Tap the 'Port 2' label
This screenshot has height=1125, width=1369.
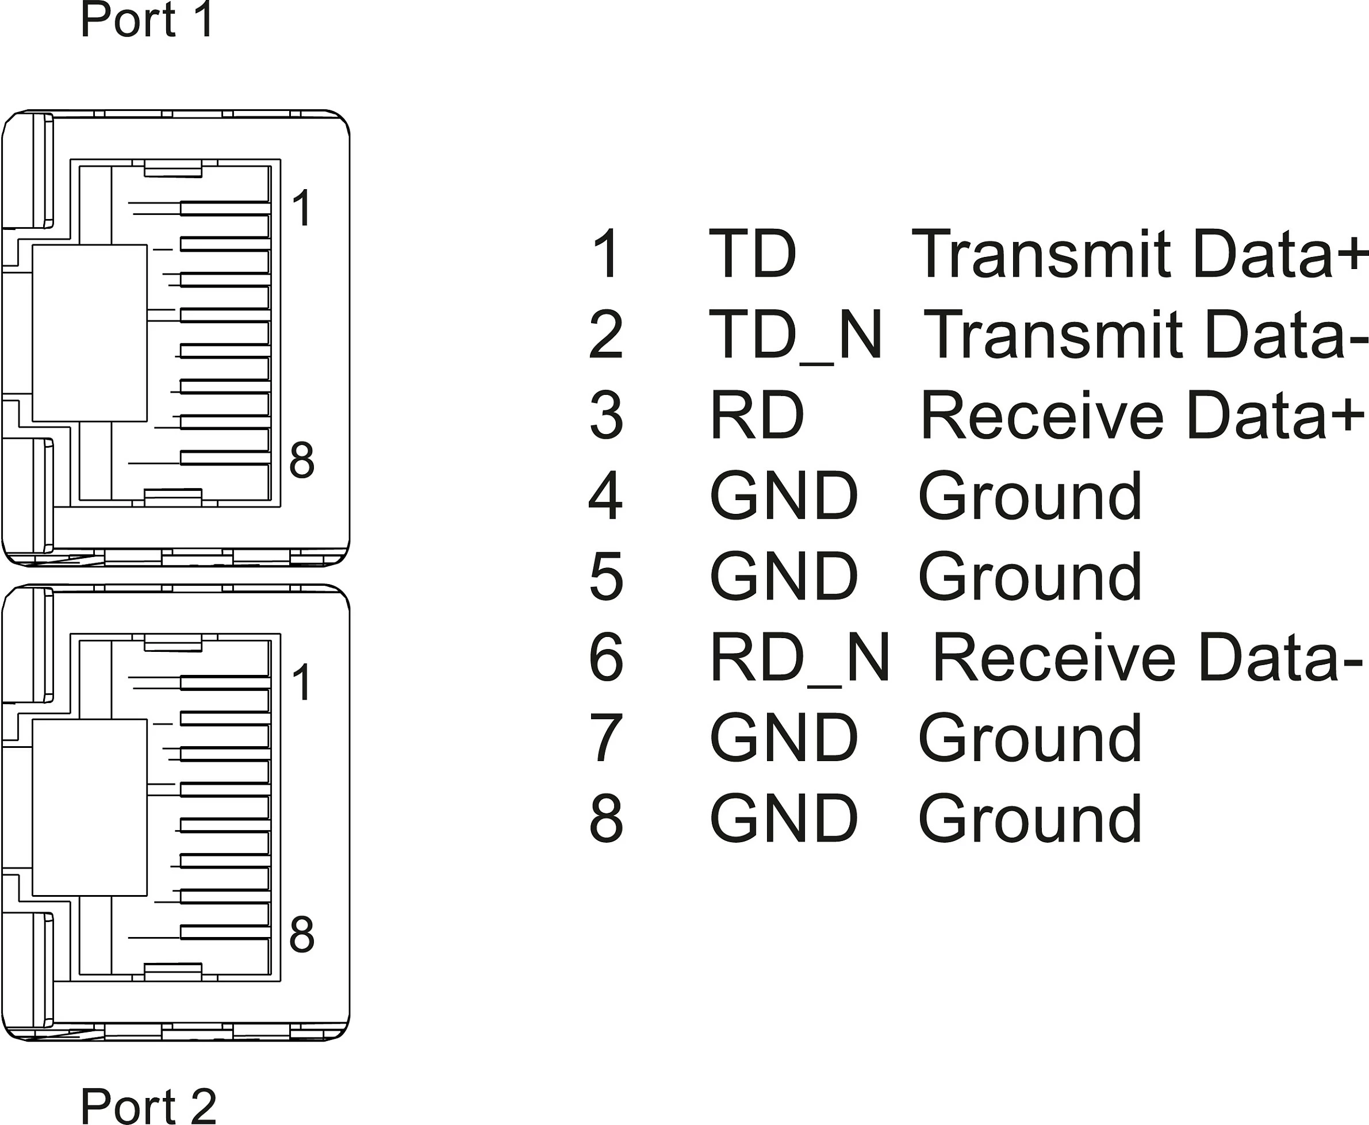tap(148, 1105)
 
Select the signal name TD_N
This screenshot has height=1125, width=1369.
tap(796, 336)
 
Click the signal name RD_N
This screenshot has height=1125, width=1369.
tap(800, 658)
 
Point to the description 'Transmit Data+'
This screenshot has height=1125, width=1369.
tap(1139, 254)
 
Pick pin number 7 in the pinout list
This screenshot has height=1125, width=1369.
tap(606, 738)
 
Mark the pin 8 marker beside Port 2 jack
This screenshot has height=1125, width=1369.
tap(302, 935)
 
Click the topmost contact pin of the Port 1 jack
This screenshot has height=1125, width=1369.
tap(225, 208)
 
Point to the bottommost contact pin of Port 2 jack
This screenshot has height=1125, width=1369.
tap(225, 932)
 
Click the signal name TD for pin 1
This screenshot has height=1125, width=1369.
tap(753, 254)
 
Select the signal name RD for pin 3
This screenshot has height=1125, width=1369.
tap(757, 414)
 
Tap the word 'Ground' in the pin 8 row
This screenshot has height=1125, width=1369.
tap(1030, 819)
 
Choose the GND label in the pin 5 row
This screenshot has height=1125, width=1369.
tap(784, 576)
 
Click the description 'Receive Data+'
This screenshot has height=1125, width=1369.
tap(1142, 414)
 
